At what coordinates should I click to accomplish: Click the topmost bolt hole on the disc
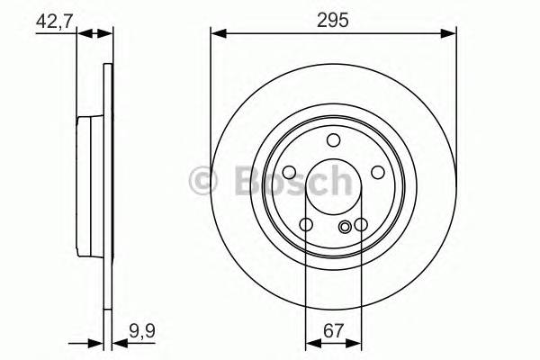coord(333,139)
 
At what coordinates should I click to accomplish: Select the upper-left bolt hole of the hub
coord(289,173)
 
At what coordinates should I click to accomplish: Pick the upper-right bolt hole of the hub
coord(378,173)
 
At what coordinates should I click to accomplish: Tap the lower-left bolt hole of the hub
coord(306,225)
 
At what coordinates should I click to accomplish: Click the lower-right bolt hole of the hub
coord(361,225)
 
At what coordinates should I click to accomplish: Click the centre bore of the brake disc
coord(333,187)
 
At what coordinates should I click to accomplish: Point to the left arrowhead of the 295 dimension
coord(217,33)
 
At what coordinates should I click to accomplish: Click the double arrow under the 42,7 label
coord(96,34)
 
